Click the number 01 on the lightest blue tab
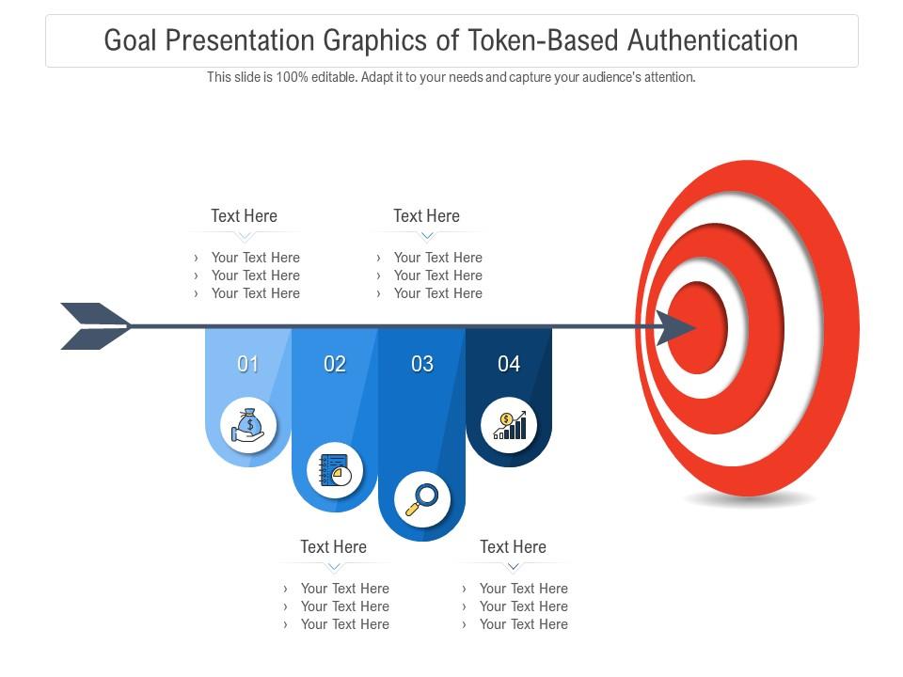[248, 364]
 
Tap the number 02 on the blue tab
[335, 364]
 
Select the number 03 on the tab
[422, 364]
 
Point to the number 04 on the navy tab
[509, 364]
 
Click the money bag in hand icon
[248, 425]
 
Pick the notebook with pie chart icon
[335, 469]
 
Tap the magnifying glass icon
[421, 498]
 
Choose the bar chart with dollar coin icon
[509, 425]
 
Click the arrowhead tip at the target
[681, 327]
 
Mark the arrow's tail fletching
[94, 326]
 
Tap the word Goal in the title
[132, 40]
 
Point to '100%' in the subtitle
[292, 77]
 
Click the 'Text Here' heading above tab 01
[244, 215]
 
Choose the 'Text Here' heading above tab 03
[426, 215]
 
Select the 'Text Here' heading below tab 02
[333, 546]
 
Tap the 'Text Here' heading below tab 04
[513, 546]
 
